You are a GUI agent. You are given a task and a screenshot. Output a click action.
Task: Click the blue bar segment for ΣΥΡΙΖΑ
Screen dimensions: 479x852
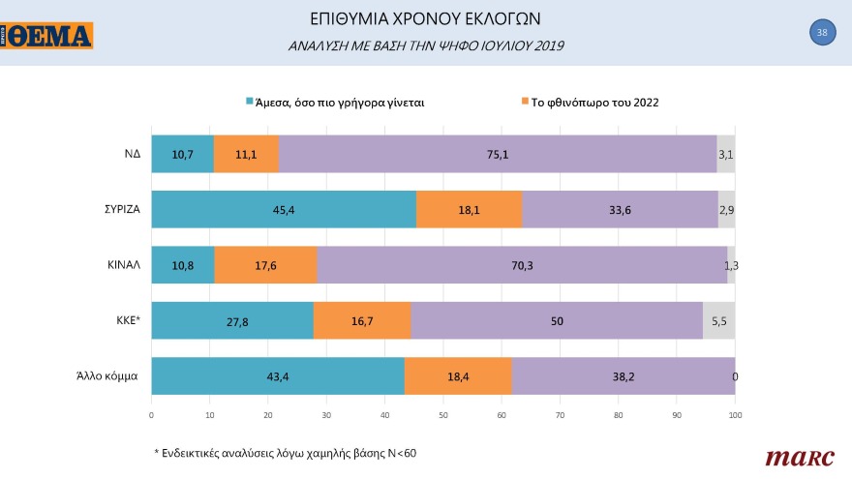(284, 210)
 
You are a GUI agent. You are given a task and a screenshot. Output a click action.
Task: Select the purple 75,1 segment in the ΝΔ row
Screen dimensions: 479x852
(498, 154)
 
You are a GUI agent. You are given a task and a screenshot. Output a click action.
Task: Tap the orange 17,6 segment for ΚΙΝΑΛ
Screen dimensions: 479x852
(265, 265)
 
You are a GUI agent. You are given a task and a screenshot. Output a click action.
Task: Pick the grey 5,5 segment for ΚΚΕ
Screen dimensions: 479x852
(718, 320)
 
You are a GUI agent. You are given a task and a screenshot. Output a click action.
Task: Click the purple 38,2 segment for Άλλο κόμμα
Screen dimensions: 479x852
(623, 375)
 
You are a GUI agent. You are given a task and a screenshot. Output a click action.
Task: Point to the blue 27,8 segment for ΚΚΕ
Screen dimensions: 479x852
(232, 320)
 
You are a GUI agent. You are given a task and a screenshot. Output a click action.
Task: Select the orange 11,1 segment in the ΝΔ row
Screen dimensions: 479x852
(246, 154)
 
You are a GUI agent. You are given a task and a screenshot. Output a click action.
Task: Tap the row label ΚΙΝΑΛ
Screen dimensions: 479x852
(120, 264)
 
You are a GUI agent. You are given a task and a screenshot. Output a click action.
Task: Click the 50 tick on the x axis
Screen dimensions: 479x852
(443, 415)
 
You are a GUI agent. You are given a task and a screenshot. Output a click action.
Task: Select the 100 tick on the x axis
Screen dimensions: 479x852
(735, 415)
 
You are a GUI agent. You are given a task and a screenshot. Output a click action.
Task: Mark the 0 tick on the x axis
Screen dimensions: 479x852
(152, 415)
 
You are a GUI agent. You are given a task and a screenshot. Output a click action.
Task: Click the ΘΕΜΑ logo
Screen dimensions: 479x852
(47, 36)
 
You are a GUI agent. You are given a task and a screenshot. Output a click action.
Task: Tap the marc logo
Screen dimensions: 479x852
(793, 457)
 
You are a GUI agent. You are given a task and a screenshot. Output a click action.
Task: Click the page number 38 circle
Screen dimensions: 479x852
(822, 33)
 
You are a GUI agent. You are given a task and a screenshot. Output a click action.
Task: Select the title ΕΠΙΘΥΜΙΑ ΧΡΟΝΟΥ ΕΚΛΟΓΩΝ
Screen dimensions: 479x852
(426, 19)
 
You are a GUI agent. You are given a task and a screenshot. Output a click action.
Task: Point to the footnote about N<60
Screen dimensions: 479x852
(287, 453)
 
